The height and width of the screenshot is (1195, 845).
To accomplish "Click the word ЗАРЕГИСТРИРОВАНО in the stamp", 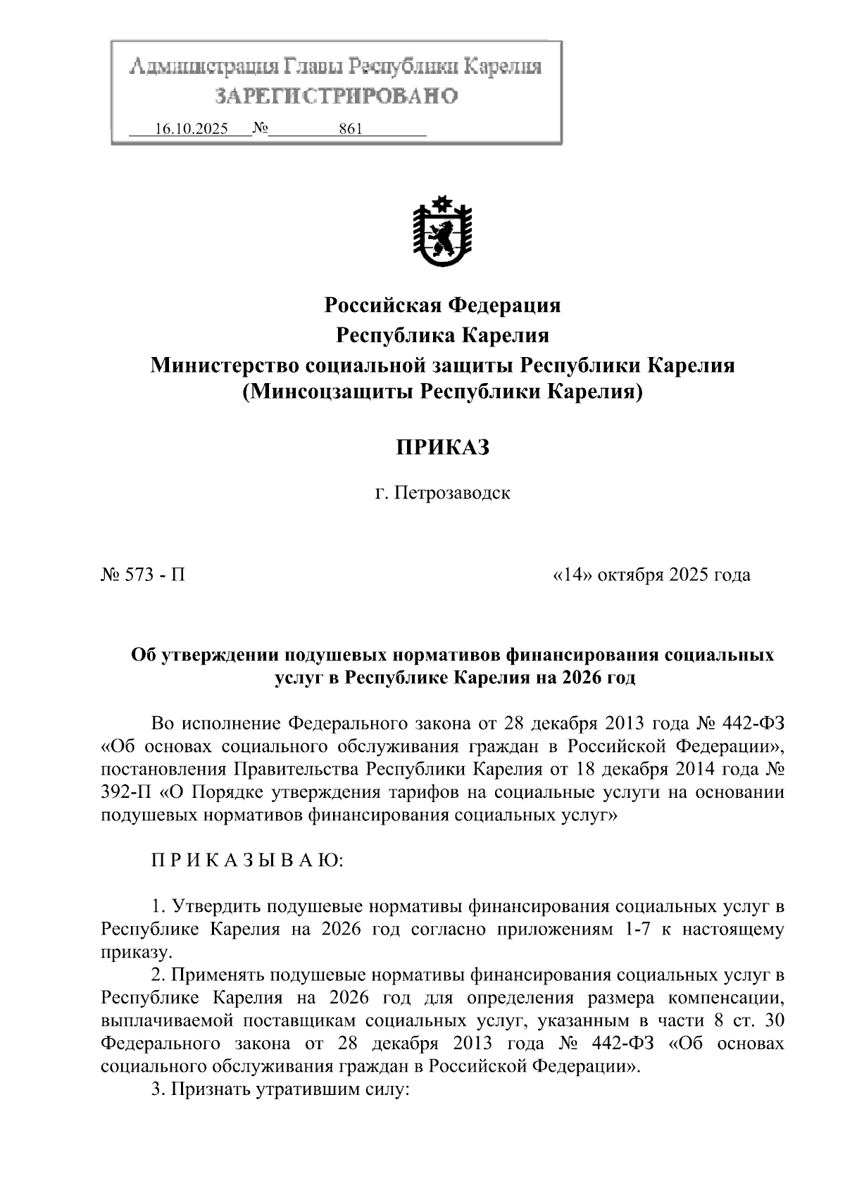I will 336,96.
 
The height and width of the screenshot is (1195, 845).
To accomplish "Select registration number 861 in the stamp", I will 350,129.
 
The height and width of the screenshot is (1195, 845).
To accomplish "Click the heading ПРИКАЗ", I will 442,448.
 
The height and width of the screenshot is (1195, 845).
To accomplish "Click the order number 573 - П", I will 144,575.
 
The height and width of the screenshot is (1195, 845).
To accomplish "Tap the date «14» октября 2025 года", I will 651,575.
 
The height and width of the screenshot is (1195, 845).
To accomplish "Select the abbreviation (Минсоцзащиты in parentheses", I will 327,392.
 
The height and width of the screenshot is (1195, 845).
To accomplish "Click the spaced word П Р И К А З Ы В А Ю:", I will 247,861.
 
